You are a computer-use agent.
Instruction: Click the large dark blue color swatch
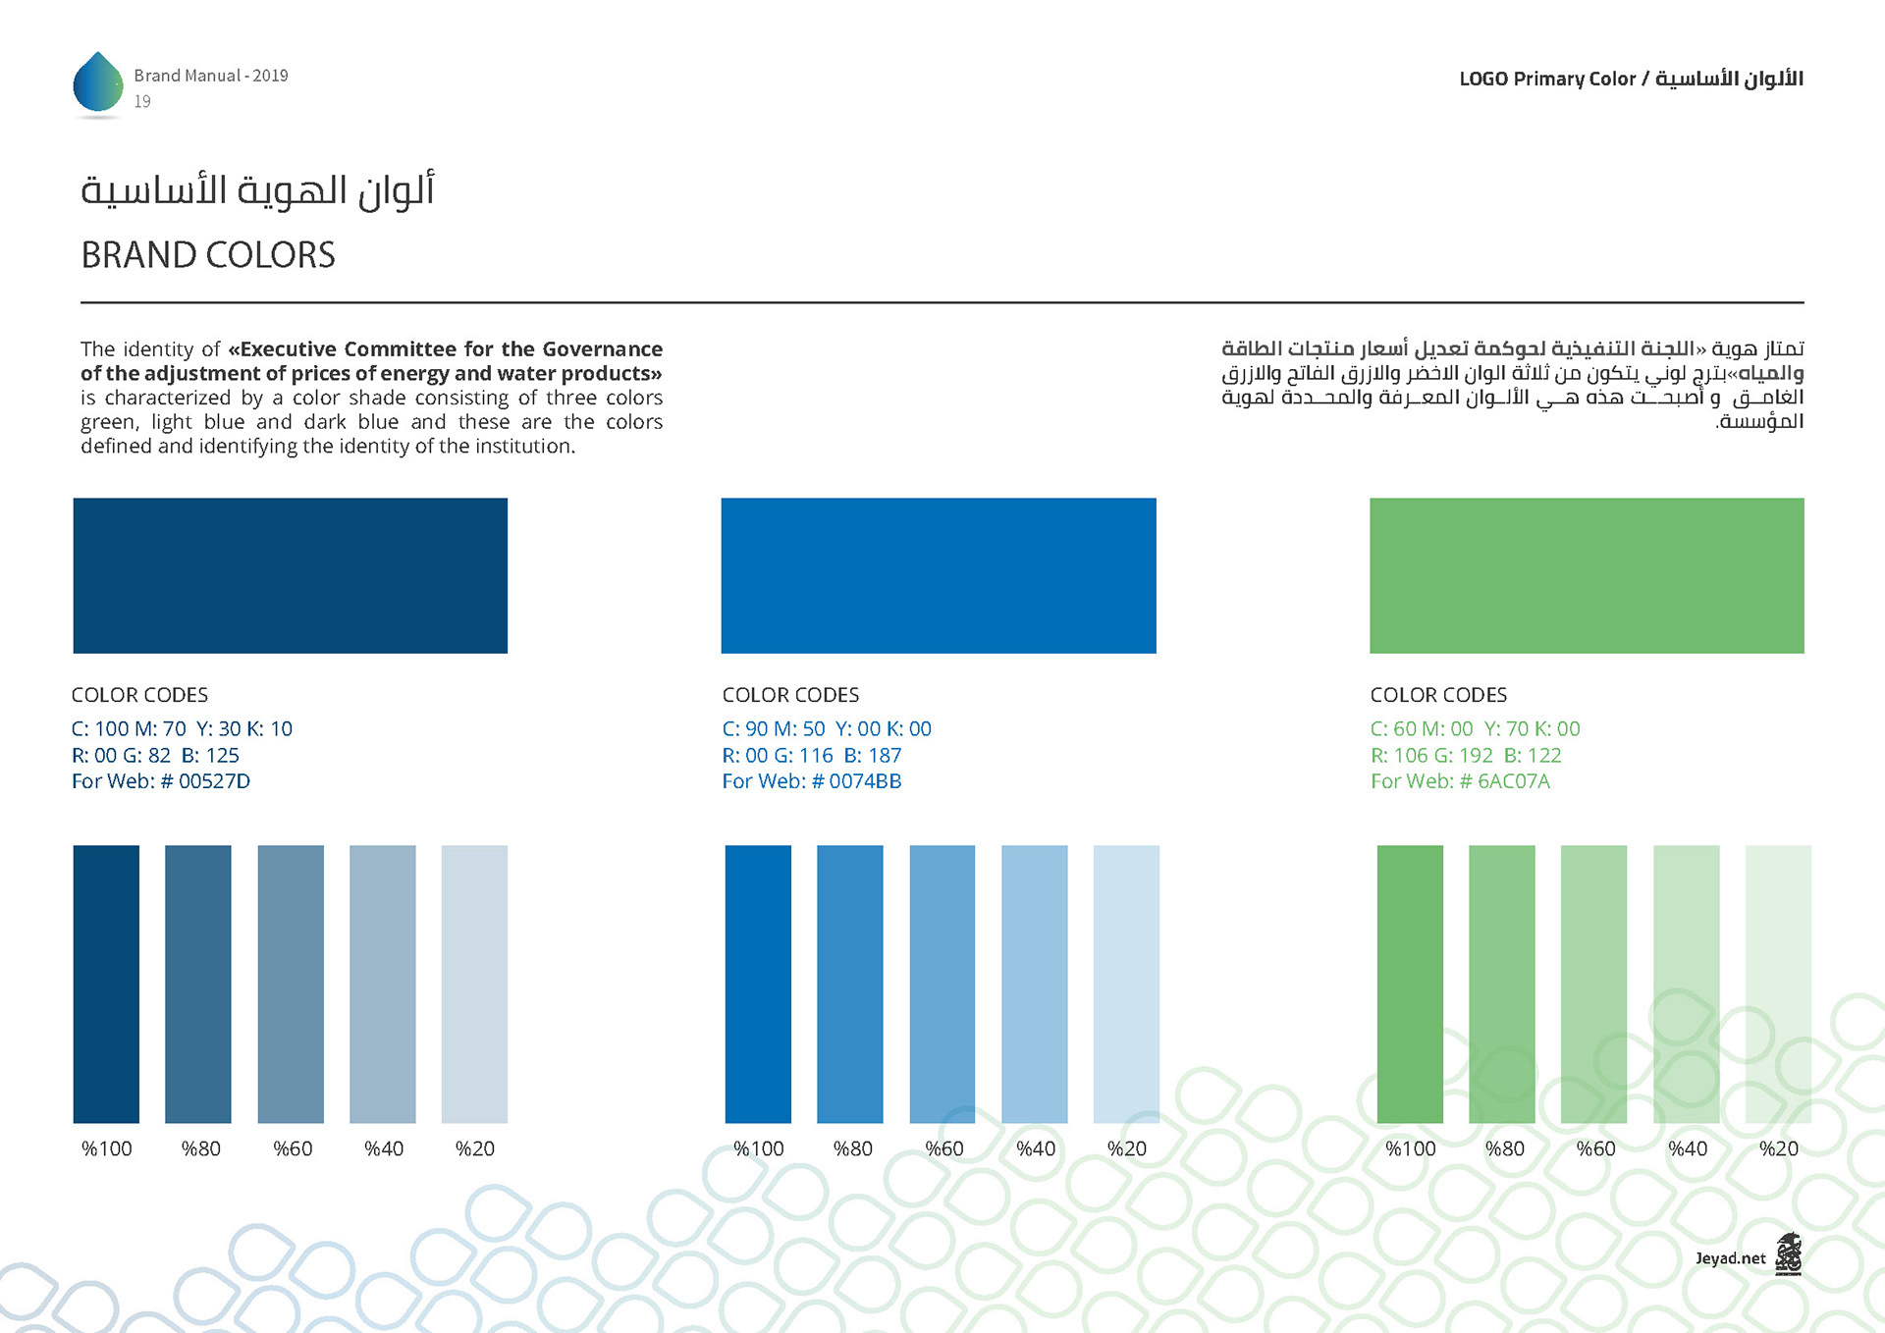click(x=290, y=575)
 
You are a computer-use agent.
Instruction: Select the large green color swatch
click(x=1587, y=575)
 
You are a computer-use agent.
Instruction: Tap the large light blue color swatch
click(x=938, y=575)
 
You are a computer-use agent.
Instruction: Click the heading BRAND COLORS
click(x=208, y=255)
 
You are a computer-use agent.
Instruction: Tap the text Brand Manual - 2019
click(x=211, y=76)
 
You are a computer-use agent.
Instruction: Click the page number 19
click(x=142, y=101)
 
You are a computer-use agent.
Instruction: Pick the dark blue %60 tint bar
click(x=291, y=984)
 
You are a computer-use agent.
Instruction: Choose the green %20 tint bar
click(x=1778, y=984)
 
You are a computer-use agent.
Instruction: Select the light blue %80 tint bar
click(x=850, y=984)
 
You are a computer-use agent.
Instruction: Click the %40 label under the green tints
click(x=1688, y=1148)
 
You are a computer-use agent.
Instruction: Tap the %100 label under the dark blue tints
click(x=106, y=1148)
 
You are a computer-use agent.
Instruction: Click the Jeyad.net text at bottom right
click(x=1730, y=1258)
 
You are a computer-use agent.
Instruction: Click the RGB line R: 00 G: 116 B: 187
click(x=812, y=756)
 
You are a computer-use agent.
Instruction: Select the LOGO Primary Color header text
click(x=1547, y=79)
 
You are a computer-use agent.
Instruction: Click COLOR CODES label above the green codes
click(x=1438, y=695)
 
